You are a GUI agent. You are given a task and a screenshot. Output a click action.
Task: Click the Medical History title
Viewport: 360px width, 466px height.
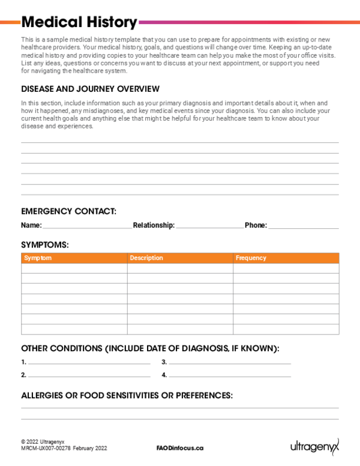point(79,23)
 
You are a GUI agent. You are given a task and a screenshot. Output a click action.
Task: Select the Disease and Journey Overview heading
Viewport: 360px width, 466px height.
point(90,89)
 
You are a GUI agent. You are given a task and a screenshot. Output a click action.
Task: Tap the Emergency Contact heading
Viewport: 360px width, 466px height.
point(68,211)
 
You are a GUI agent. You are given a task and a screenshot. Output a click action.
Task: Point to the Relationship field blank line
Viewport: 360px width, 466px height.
point(209,227)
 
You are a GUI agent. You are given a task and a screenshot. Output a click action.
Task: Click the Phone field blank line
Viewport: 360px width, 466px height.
point(303,227)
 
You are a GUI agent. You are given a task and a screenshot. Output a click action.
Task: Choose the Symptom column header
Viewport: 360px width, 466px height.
point(37,258)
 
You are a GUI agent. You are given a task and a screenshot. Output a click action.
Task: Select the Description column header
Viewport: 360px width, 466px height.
point(146,258)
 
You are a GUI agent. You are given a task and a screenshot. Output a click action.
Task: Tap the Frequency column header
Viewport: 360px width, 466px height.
point(251,258)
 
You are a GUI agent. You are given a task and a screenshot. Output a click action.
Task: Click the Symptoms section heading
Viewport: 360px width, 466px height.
point(45,245)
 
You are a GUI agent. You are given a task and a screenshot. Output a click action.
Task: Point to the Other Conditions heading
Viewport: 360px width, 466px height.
point(150,348)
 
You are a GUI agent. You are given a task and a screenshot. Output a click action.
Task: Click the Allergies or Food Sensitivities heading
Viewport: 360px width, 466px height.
point(127,396)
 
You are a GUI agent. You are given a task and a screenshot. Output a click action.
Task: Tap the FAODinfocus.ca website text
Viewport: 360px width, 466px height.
point(180,448)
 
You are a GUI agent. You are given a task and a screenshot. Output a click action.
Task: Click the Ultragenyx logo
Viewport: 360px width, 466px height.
point(314,446)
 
